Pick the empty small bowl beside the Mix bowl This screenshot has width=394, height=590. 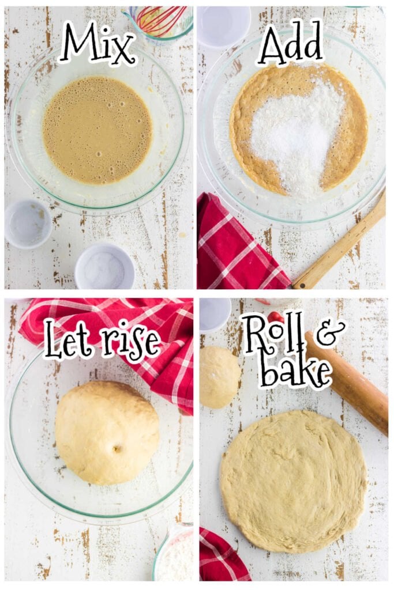click(x=28, y=224)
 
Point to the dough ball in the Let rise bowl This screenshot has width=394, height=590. click(x=107, y=432)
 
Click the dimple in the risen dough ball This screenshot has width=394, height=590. click(x=118, y=448)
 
